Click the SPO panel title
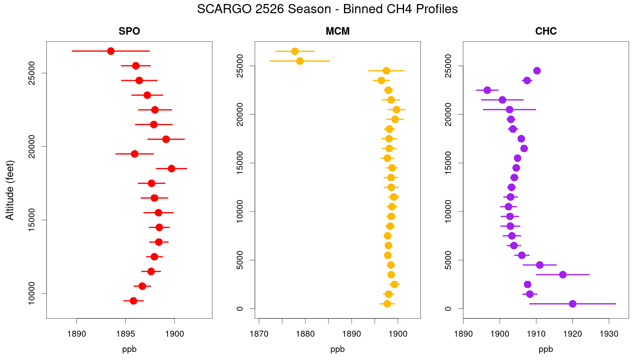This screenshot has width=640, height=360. coord(129,31)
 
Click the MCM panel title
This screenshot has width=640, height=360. coord(338,31)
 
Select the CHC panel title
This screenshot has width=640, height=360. coord(546,31)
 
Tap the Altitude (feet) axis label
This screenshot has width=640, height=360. coord(10,190)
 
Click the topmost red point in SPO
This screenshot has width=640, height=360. coord(111,51)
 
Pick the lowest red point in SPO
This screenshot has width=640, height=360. coord(134,301)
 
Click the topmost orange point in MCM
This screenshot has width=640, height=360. coord(295,51)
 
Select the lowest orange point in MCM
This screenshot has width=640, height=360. coord(387,304)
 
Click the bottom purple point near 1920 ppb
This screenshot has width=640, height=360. coord(572,304)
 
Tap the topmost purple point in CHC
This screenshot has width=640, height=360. coord(537,71)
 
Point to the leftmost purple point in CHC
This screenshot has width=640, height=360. coord(487,90)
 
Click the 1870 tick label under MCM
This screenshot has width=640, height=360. coord(259,334)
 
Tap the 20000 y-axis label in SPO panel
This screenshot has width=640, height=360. coord(31,146)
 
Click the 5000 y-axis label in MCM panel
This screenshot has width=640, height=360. coord(240,260)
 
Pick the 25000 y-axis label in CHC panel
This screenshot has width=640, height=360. coord(448,66)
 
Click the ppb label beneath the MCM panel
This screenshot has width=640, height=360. coord(338,349)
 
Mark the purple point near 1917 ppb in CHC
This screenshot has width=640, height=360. coord(563,275)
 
